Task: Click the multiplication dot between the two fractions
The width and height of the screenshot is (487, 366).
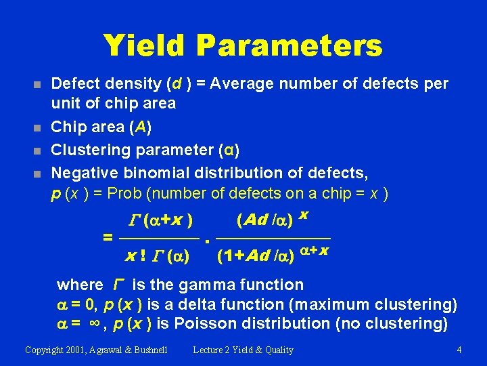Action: coord(209,240)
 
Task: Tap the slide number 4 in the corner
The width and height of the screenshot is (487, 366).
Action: coord(459,350)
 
